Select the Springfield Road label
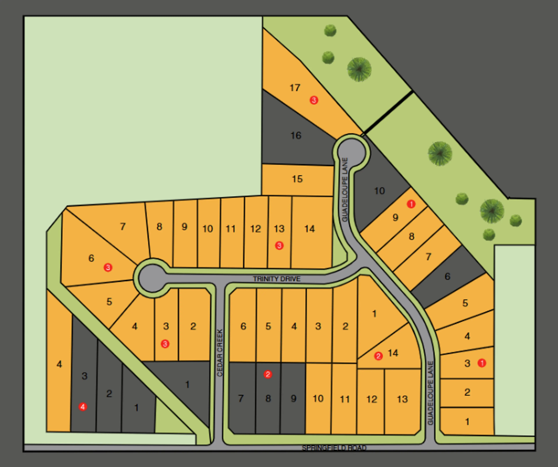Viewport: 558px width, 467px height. pyautogui.click(x=334, y=448)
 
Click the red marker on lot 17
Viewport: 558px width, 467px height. pyautogui.click(x=314, y=100)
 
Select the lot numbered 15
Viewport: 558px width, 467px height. pyautogui.click(x=297, y=179)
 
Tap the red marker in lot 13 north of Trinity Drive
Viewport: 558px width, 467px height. pyautogui.click(x=279, y=245)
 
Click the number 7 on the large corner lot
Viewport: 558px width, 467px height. pyautogui.click(x=122, y=227)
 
